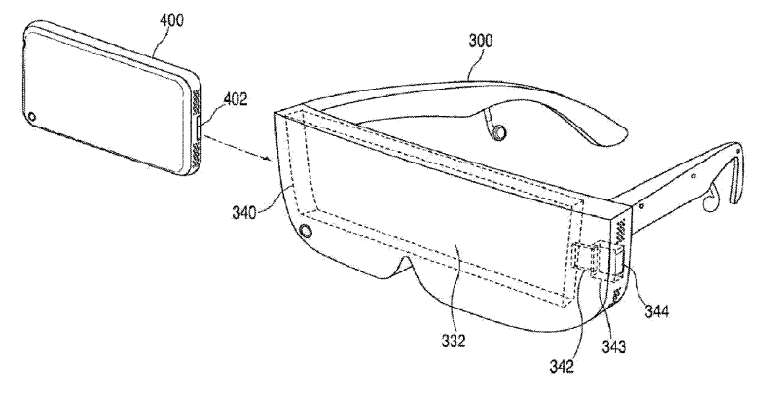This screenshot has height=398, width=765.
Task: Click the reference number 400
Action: tap(171, 21)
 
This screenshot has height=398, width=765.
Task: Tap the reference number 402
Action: tap(236, 99)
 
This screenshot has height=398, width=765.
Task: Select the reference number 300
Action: tap(481, 41)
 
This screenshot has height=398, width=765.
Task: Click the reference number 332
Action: tap(454, 341)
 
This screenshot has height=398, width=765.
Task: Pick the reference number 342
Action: tap(562, 366)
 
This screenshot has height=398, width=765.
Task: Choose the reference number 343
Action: tap(613, 346)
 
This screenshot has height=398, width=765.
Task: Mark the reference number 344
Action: tap(656, 310)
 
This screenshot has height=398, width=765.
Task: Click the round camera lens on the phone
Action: tap(32, 117)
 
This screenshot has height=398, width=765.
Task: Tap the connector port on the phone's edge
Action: tap(200, 127)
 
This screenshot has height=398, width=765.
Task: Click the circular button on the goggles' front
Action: tap(306, 231)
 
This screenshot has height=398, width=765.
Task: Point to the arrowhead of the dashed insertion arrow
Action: tap(268, 158)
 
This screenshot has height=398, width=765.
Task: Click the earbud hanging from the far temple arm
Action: tap(497, 131)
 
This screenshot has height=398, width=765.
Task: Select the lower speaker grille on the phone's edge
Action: tap(198, 155)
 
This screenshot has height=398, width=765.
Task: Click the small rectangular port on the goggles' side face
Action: tap(619, 262)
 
